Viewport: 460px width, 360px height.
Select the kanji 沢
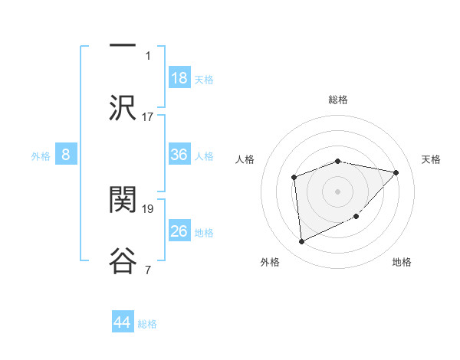(123, 108)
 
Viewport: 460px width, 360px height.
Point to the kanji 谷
(123, 261)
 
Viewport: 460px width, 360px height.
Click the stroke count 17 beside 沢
(148, 117)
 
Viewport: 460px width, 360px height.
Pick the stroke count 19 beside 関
(148, 208)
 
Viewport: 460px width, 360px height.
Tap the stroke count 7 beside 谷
(148, 270)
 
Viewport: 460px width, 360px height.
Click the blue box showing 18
(179, 78)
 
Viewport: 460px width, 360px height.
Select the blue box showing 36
(179, 155)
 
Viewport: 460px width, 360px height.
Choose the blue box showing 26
(179, 231)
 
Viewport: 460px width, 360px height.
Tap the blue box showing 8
(66, 155)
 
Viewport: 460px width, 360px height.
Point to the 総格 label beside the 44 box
(147, 324)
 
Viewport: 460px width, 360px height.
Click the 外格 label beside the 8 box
(41, 155)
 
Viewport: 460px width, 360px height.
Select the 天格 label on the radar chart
(432, 159)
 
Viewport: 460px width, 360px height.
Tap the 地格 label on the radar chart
(402, 262)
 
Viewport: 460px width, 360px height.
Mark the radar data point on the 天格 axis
(396, 172)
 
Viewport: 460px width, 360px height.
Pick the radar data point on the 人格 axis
(294, 178)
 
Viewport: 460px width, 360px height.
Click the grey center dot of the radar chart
(337, 191)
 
